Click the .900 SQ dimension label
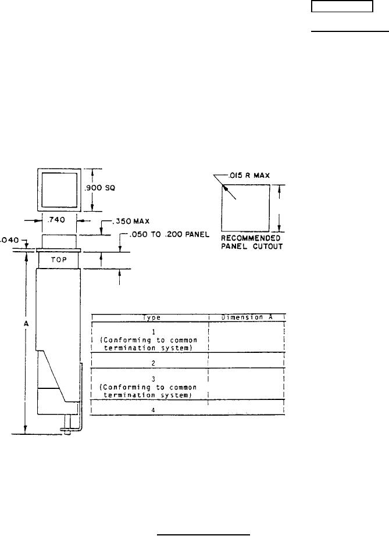tap(100, 188)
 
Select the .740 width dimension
tap(56, 220)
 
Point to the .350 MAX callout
tap(131, 221)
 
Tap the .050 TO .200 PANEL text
tap(170, 234)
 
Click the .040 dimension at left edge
tap(9, 240)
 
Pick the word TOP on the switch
tap(59, 260)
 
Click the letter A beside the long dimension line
tap(26, 323)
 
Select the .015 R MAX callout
tap(249, 176)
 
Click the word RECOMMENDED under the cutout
tap(251, 238)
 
